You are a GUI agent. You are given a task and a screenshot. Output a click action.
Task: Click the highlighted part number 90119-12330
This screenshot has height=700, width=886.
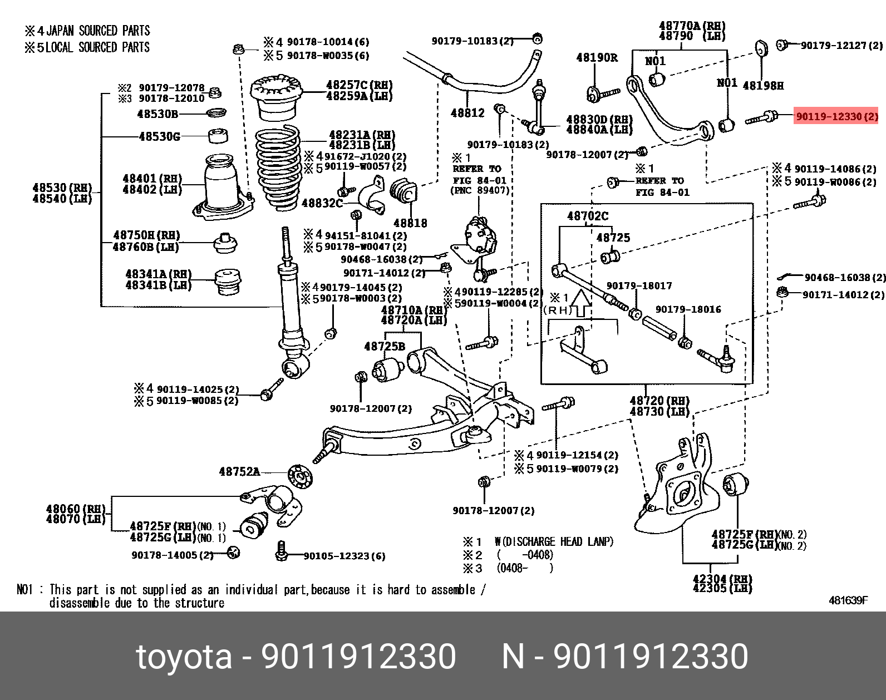tap(836, 117)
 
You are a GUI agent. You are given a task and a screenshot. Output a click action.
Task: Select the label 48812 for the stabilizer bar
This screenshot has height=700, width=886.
tap(467, 113)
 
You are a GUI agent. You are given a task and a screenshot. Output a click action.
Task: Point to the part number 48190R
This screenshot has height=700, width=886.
tap(597, 57)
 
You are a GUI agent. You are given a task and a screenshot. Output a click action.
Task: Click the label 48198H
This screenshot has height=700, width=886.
tap(763, 85)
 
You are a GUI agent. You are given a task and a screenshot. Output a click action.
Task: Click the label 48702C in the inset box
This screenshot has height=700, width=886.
tap(588, 216)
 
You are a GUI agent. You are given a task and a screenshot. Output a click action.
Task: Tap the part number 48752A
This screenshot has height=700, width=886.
tap(239, 472)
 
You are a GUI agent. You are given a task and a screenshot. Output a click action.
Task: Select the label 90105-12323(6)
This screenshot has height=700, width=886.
tap(344, 556)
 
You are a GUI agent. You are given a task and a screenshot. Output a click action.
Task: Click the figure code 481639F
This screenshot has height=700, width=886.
tap(848, 600)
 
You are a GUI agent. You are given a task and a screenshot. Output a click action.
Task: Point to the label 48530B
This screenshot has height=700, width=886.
tap(157, 114)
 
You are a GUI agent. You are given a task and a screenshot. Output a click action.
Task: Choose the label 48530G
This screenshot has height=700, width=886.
tap(159, 136)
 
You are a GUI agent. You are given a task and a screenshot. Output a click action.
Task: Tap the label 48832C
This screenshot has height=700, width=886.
tap(322, 203)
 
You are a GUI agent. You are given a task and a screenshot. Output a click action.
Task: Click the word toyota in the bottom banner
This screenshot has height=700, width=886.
tap(184, 657)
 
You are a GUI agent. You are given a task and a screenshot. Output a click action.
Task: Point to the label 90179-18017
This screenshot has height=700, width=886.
tap(639, 286)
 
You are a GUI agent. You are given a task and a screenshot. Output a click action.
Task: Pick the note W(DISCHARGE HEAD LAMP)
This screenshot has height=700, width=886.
tap(554, 541)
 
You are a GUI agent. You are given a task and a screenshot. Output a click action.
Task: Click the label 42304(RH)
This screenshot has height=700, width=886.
tap(722, 579)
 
